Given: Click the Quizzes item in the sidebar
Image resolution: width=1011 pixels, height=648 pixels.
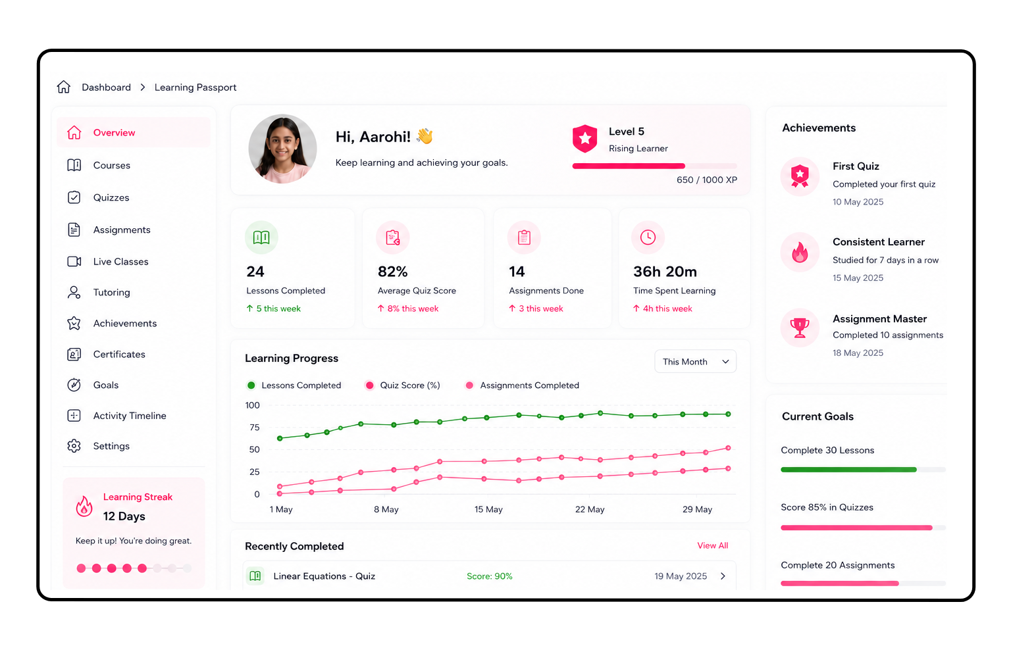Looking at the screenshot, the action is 111,197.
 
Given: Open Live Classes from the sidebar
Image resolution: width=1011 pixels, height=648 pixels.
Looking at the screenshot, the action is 120,262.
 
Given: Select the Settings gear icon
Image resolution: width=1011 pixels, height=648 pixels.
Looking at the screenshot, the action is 74,446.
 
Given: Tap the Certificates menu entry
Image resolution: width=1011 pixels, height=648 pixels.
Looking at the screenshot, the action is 119,354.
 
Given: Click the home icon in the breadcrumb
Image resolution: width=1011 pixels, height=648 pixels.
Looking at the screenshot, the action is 64,87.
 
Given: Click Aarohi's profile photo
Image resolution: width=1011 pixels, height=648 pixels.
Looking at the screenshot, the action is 282,149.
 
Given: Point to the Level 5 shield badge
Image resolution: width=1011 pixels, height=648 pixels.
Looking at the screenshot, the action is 584,138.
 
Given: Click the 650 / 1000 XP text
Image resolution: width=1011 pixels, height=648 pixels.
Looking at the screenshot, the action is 706,180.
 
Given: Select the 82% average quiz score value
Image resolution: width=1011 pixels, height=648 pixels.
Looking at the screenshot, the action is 393,271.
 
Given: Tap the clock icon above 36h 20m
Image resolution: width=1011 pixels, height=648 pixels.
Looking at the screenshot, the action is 648,237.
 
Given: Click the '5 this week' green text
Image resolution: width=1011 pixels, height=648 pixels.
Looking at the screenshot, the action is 278,309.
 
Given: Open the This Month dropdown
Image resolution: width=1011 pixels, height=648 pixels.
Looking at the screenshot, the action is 695,361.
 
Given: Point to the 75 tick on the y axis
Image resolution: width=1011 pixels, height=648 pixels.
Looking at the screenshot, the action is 255,428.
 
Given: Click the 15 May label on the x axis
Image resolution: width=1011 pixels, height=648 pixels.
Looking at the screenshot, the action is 488,509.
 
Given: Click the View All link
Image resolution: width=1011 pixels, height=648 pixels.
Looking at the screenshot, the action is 712,545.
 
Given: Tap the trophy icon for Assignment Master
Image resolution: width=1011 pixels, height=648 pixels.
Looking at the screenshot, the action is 799,328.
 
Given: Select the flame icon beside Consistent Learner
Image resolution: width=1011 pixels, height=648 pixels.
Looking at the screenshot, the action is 799,252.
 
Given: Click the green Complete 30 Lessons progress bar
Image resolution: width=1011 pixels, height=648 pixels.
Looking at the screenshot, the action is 848,470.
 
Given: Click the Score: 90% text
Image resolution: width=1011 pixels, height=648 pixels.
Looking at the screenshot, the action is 489,576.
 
